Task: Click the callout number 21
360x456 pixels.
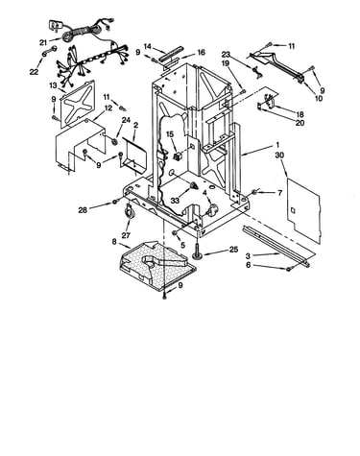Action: (x=43, y=42)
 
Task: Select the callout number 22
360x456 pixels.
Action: (x=34, y=72)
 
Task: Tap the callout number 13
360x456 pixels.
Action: (x=53, y=85)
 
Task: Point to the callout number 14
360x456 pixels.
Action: (x=148, y=46)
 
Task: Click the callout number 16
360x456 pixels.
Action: (x=201, y=52)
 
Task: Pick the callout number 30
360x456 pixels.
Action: (x=279, y=156)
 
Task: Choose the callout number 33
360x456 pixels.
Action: (x=175, y=201)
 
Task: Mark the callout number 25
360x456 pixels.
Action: (x=234, y=250)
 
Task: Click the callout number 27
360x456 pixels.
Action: (x=126, y=235)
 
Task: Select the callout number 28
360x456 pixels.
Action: (x=83, y=210)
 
